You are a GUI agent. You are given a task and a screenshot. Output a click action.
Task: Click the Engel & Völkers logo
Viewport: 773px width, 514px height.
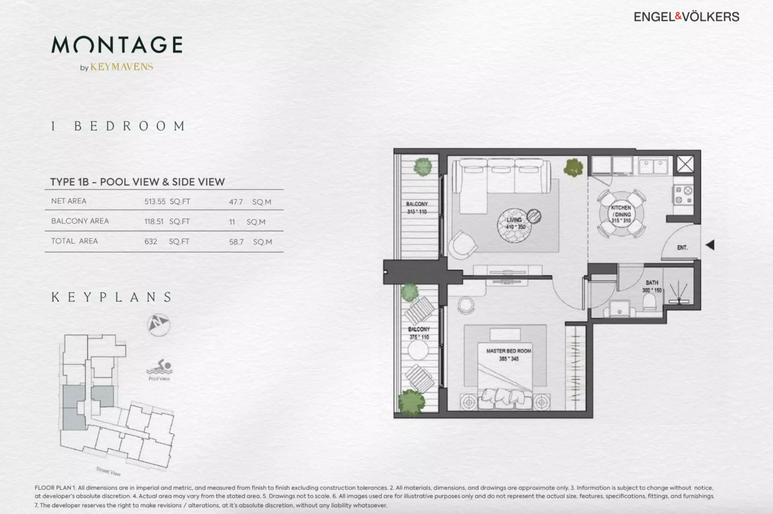(x=687, y=17)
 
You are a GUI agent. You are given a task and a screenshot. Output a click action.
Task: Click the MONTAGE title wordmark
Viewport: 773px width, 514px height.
(x=117, y=45)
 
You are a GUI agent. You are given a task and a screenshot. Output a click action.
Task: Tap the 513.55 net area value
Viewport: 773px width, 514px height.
(x=155, y=202)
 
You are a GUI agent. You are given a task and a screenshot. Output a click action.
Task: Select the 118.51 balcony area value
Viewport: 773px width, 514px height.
(x=154, y=222)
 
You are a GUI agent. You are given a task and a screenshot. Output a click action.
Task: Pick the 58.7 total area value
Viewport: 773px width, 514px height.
(x=236, y=242)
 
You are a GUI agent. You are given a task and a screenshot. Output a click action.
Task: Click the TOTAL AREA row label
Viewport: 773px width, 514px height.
(x=75, y=241)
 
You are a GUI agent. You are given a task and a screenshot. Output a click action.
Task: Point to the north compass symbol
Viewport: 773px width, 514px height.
(x=159, y=325)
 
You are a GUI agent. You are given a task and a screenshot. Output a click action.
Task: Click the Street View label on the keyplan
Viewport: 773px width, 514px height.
(x=108, y=471)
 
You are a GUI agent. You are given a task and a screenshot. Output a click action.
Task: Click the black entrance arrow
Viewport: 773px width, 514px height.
(x=710, y=245)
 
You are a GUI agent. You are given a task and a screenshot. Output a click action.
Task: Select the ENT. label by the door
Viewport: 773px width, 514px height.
(x=682, y=248)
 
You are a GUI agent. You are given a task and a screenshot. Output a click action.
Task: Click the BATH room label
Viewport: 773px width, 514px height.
(x=652, y=283)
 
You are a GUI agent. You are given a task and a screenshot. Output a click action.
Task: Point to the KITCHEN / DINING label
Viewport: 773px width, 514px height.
(x=621, y=211)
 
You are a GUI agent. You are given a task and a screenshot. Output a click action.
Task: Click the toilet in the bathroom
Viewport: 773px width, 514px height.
(x=650, y=302)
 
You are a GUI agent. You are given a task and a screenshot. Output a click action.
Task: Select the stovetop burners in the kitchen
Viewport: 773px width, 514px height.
(x=683, y=195)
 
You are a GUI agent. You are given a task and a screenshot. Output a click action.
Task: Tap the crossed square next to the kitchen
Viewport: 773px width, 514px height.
(x=685, y=165)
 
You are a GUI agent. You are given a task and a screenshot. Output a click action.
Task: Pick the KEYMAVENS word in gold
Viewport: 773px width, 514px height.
(x=122, y=67)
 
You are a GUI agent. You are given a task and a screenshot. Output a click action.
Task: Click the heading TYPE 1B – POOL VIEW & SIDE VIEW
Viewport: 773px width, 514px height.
(x=138, y=182)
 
